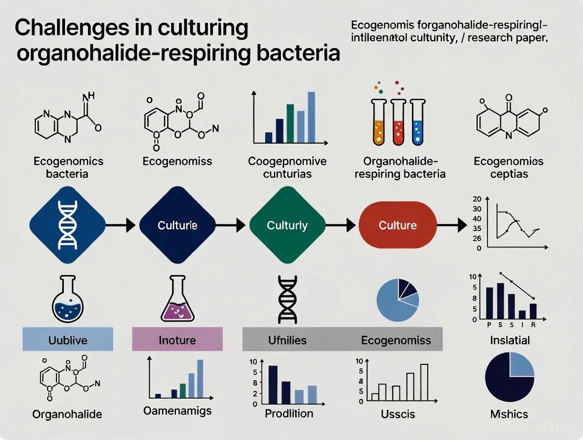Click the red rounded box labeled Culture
(x=398, y=225)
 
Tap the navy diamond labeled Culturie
(x=177, y=225)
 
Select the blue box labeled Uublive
(x=68, y=340)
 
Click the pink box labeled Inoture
(x=177, y=340)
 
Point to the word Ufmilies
(x=285, y=340)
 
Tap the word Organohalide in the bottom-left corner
(x=67, y=414)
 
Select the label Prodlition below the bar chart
(x=289, y=413)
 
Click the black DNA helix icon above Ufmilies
(x=285, y=298)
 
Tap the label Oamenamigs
(x=177, y=410)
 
